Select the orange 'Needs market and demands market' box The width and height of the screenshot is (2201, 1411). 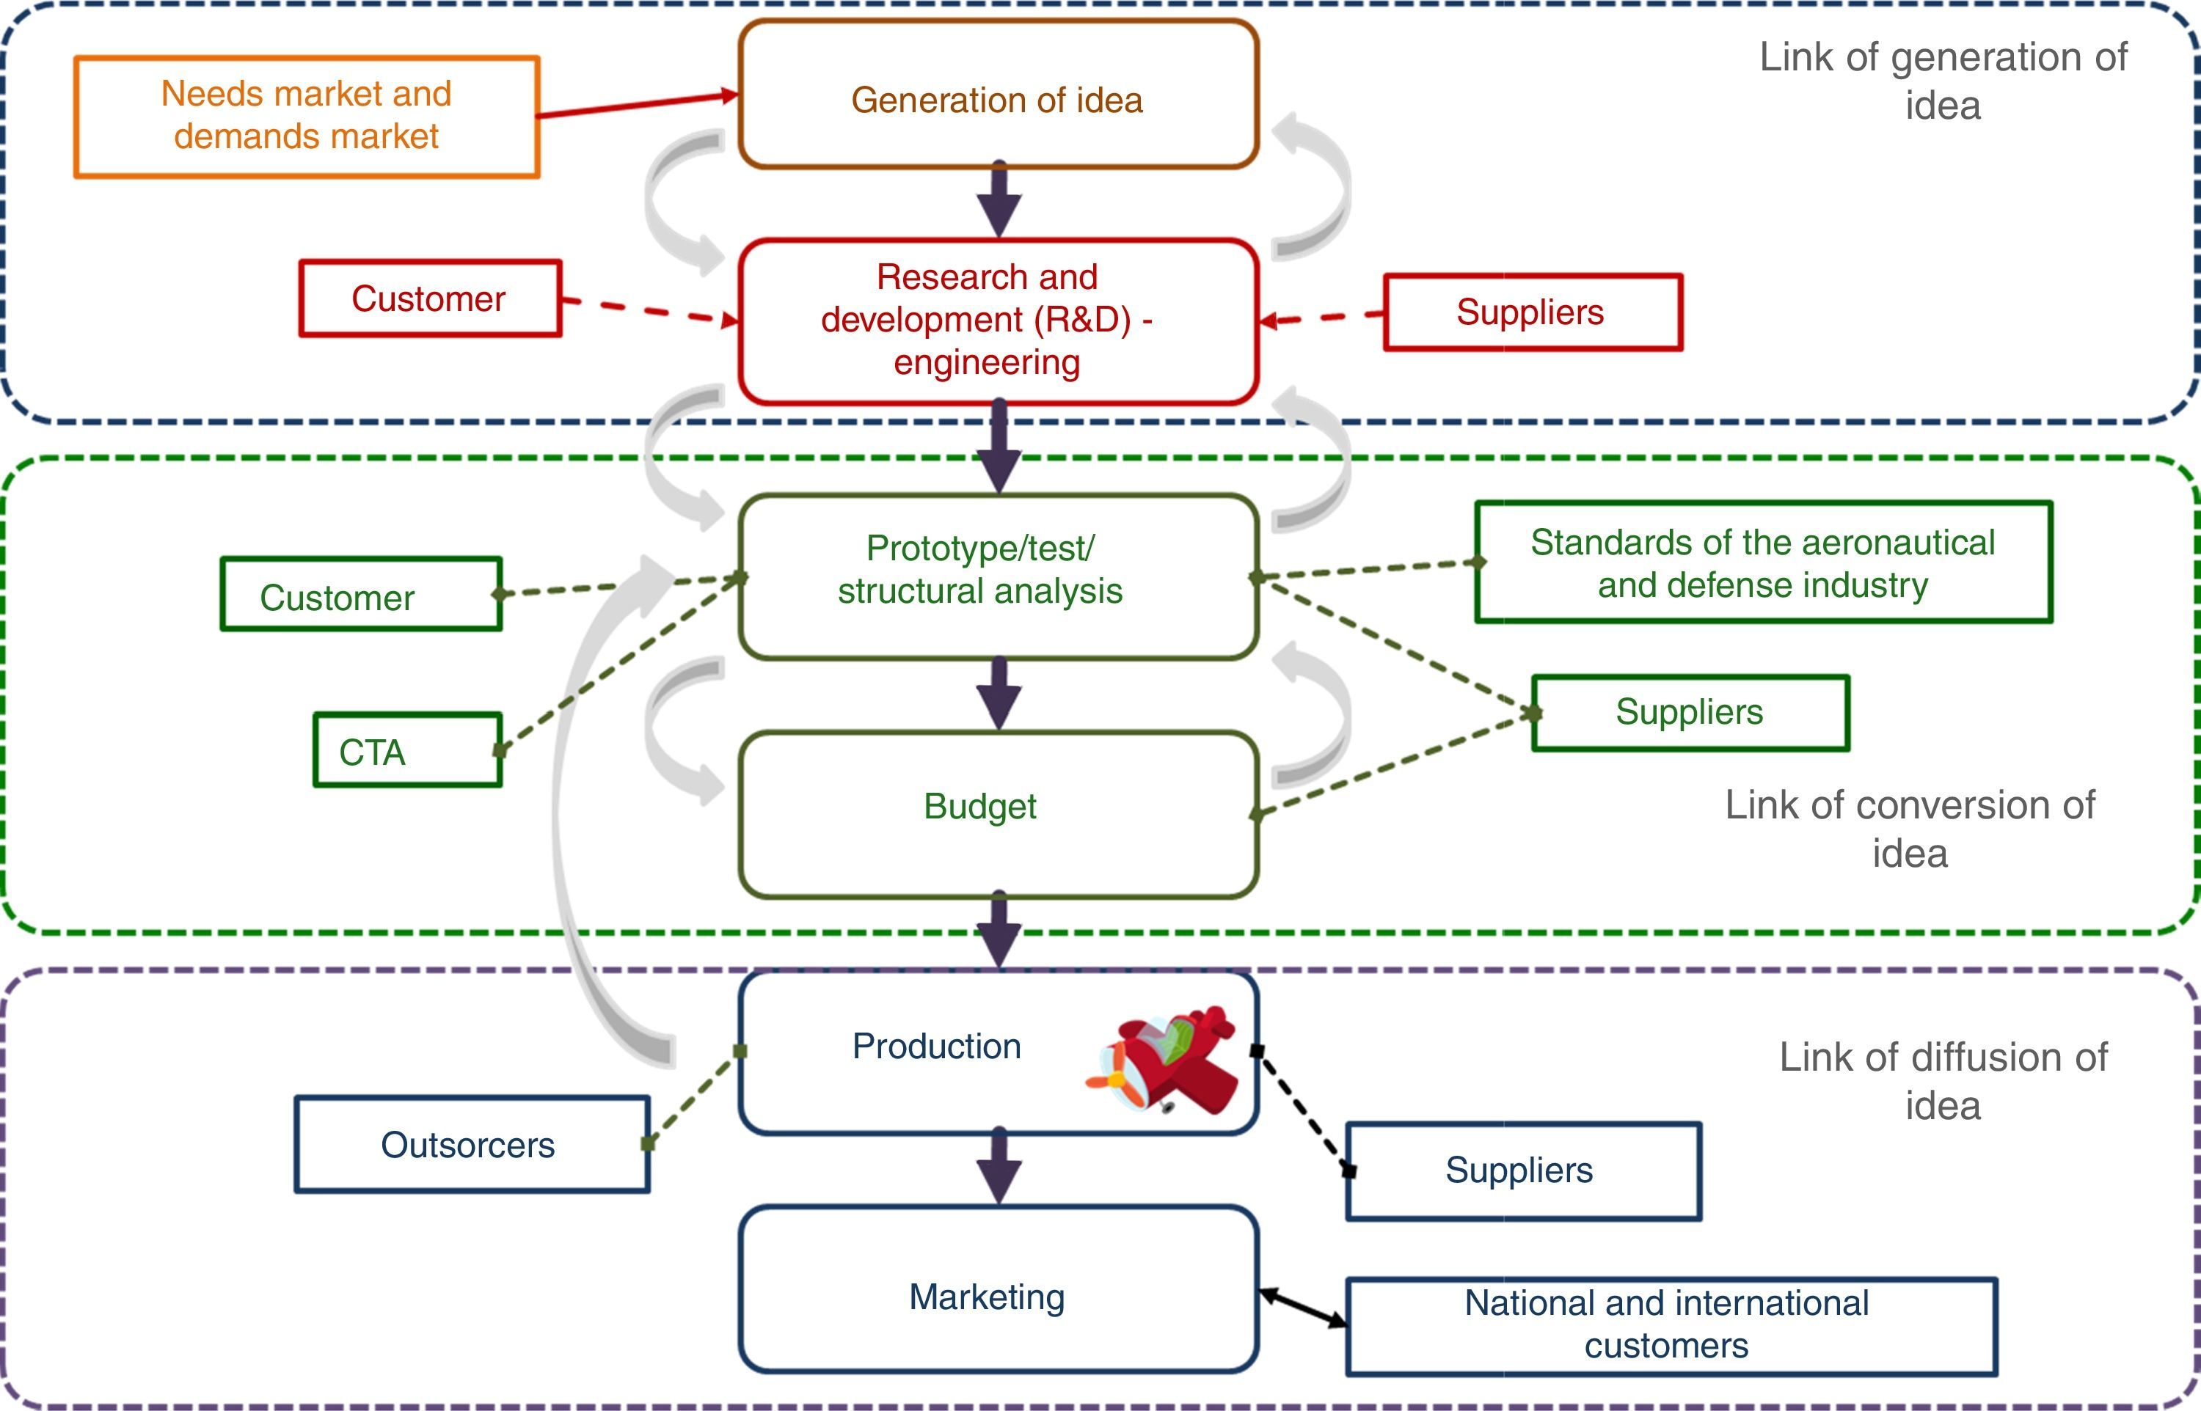[x=306, y=117]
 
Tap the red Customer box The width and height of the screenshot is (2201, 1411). [x=430, y=298]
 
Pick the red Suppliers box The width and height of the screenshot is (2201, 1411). [x=1532, y=312]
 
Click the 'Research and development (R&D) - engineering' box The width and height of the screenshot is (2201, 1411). [x=998, y=320]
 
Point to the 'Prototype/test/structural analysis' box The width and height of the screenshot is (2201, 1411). [x=998, y=576]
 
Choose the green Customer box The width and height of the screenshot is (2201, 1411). [x=360, y=594]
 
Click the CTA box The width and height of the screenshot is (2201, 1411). [x=407, y=750]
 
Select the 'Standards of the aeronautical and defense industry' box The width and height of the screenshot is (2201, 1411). [x=1762, y=562]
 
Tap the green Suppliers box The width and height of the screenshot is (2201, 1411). [x=1690, y=713]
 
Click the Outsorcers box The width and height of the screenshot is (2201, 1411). [x=471, y=1144]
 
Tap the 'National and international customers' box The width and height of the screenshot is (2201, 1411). [x=1670, y=1326]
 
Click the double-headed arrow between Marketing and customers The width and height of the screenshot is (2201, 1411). [x=1302, y=1308]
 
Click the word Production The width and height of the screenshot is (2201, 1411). [x=936, y=1047]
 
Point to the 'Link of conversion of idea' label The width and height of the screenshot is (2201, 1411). [x=1910, y=828]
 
